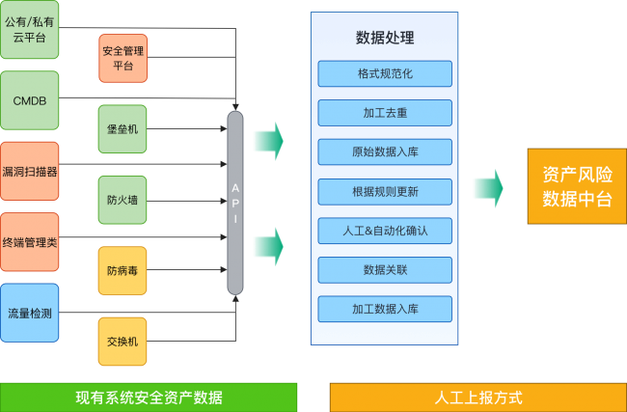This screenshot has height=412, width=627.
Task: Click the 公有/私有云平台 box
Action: tap(30, 29)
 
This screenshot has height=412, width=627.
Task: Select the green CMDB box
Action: tap(30, 99)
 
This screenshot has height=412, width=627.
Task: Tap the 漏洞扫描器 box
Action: tap(30, 171)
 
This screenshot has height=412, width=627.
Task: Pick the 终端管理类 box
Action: tap(30, 241)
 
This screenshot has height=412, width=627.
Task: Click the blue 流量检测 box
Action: tap(30, 313)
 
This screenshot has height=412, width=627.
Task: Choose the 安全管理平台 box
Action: tap(123, 58)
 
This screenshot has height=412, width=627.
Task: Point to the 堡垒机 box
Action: tap(123, 129)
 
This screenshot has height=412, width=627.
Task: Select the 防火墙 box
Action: tap(123, 201)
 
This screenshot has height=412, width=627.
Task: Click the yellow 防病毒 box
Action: tap(123, 271)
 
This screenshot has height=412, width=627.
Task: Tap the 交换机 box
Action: tap(123, 341)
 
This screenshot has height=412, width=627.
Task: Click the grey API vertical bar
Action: tap(234, 203)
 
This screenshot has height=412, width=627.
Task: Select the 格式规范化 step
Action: tap(385, 73)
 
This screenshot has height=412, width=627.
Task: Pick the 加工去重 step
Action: tap(385, 113)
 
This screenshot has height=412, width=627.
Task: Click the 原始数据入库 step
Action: tap(385, 151)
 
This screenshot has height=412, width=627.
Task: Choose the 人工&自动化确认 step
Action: tap(385, 231)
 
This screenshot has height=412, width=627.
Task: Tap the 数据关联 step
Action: tap(385, 269)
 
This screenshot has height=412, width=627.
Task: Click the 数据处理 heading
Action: tap(385, 38)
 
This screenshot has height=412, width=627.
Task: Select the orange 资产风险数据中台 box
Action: tap(576, 186)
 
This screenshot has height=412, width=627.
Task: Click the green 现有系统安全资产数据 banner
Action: tap(149, 398)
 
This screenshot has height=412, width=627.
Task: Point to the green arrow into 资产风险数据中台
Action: tap(488, 187)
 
